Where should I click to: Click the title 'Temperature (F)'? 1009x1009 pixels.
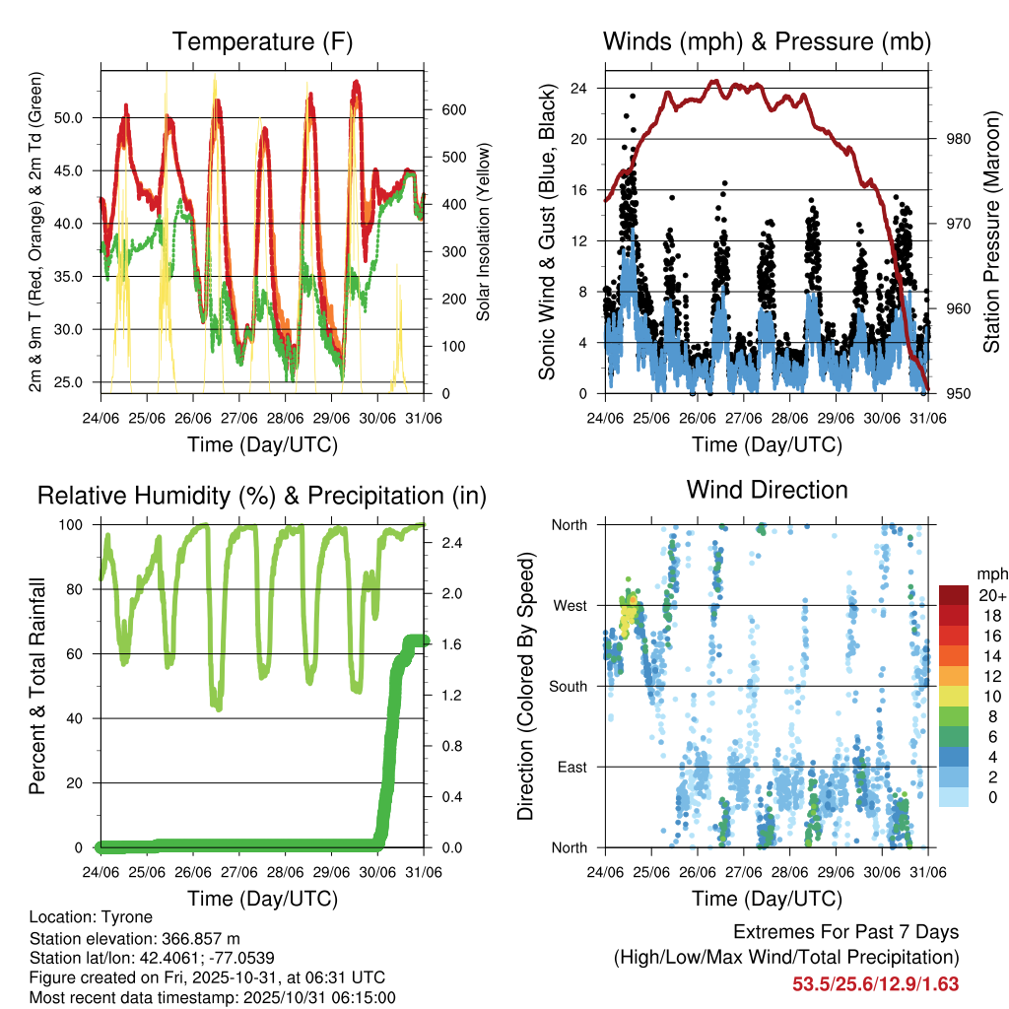point(262,41)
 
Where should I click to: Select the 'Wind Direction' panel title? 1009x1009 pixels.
point(767,490)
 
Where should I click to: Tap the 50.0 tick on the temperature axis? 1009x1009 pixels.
point(79,117)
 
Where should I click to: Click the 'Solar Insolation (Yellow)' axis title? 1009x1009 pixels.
point(484,233)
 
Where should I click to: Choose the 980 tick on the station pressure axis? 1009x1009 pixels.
point(946,139)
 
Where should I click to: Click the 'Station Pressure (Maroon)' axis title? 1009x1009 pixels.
point(991,233)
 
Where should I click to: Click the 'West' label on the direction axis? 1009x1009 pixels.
point(570,605)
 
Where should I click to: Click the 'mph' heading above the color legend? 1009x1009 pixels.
point(990,573)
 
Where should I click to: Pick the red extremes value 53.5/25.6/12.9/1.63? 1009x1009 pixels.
point(876,983)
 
